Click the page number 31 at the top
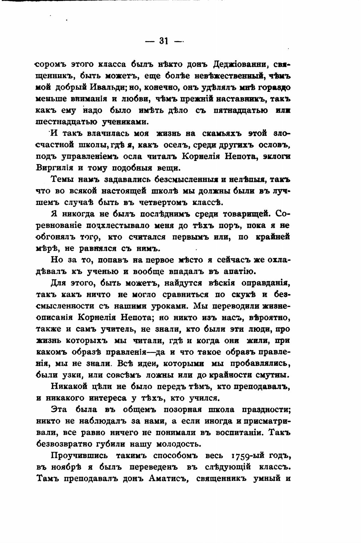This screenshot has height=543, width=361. (x=164, y=41)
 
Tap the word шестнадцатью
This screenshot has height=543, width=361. (x=67, y=122)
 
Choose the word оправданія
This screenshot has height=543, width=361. (x=266, y=283)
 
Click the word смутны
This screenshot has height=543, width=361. (x=274, y=375)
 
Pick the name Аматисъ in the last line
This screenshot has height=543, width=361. (x=169, y=478)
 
